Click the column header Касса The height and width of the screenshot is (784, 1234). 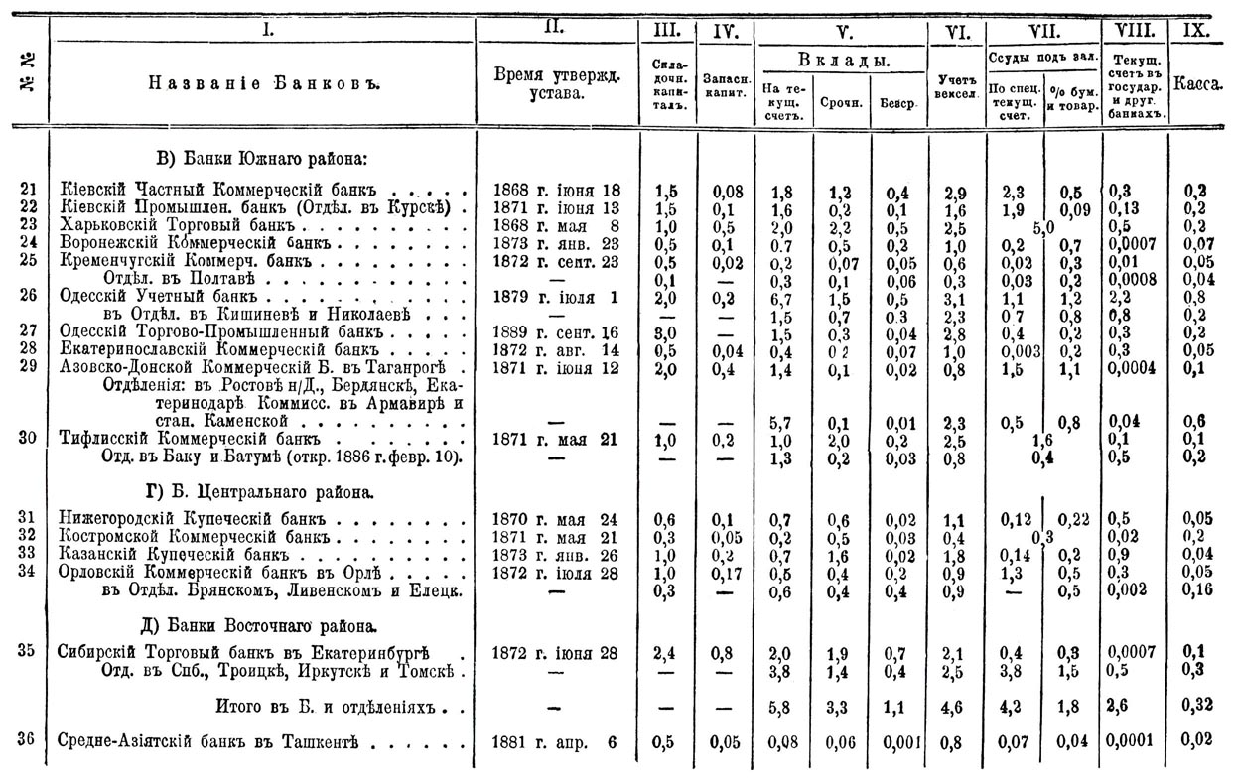click(1197, 86)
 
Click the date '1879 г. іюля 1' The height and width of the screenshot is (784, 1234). click(556, 296)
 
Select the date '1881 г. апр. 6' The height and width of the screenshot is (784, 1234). click(556, 740)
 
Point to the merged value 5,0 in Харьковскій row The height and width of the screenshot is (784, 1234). click(1042, 225)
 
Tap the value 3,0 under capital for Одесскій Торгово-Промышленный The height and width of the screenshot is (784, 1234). click(666, 331)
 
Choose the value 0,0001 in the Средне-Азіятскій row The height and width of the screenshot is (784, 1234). click(1133, 741)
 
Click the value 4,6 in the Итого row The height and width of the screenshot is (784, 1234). click(954, 707)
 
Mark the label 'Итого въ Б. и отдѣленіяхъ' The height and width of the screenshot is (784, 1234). click(328, 707)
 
